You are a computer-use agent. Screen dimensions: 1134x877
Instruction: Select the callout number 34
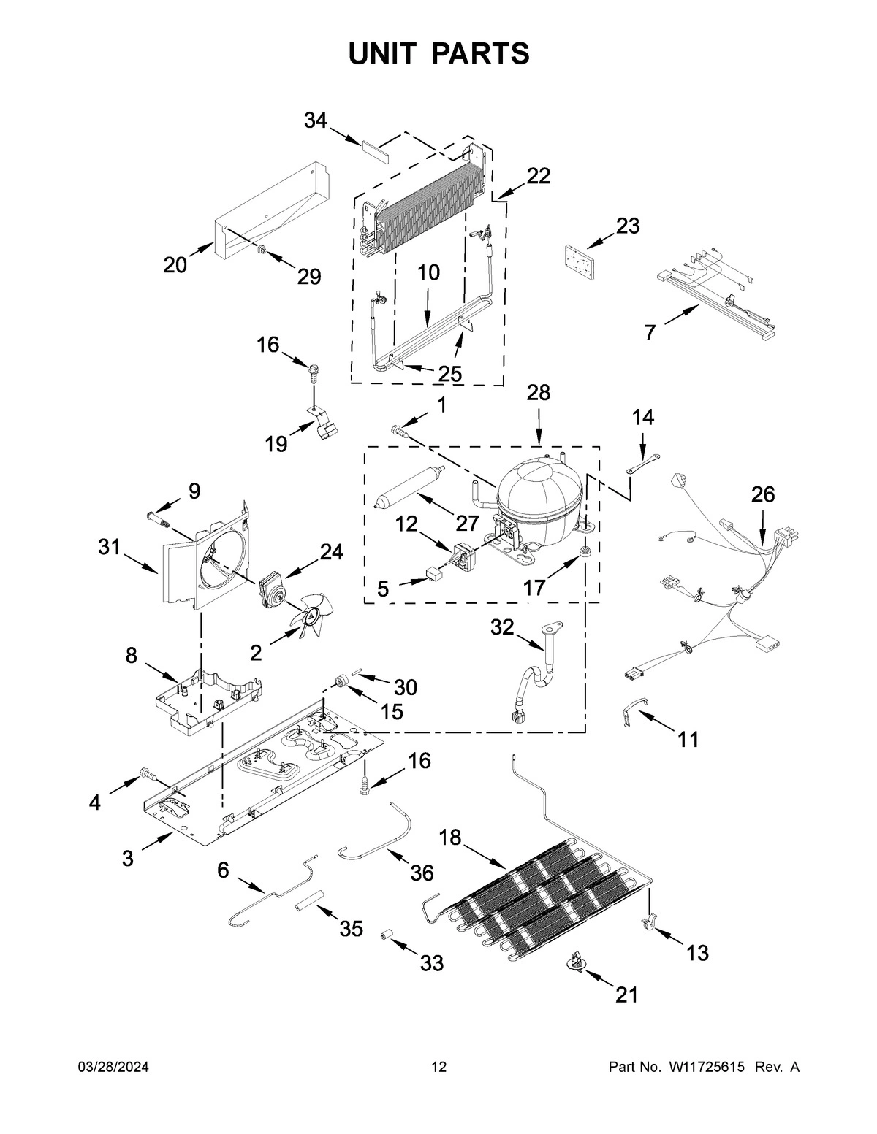tap(315, 121)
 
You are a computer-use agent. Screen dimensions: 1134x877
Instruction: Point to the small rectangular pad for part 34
tap(373, 149)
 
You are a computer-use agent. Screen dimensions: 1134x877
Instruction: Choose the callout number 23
tap(627, 226)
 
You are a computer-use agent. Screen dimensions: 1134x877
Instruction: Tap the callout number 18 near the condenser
tap(451, 838)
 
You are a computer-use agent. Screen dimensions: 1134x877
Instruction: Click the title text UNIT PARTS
tap(438, 54)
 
